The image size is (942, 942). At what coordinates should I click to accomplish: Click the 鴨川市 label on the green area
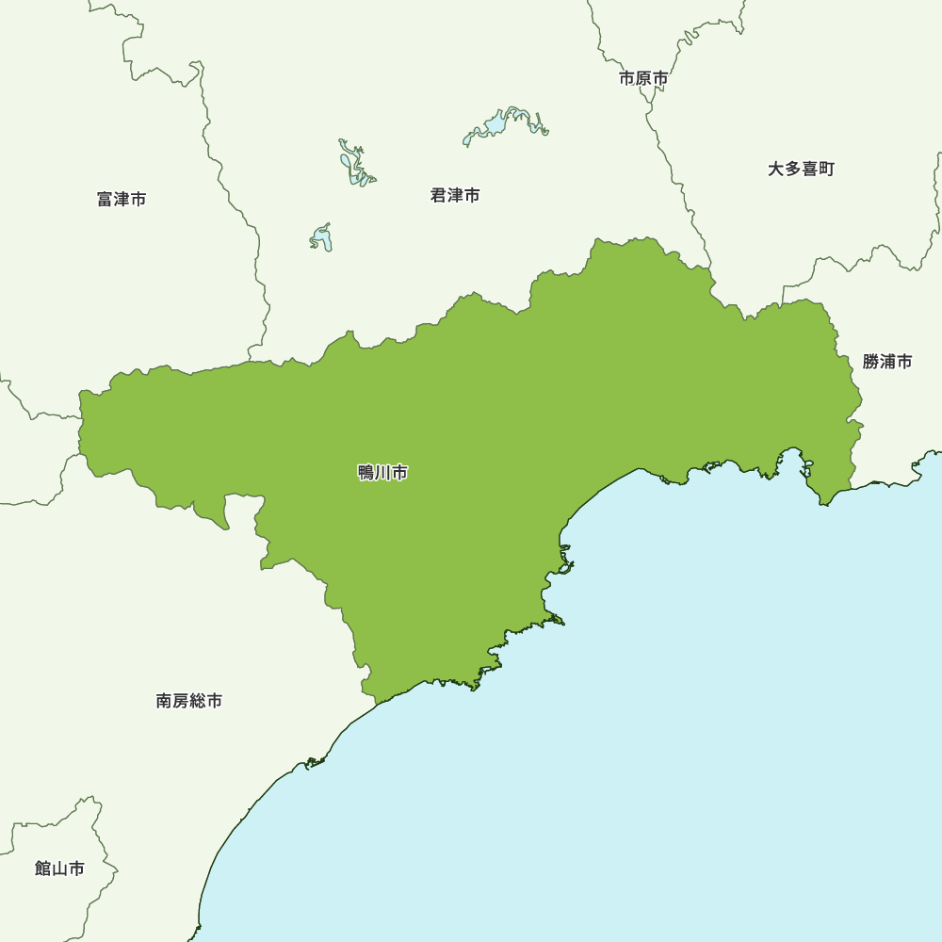382,473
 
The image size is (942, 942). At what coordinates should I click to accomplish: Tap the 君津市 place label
455,195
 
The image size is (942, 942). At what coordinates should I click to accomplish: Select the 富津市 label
122,199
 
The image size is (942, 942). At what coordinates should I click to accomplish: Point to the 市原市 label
643,78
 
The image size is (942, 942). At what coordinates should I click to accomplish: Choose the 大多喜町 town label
801,169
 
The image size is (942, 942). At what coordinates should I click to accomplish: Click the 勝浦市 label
887,361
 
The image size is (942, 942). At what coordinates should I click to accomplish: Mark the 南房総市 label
189,701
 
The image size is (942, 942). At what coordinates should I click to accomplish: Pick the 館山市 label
59,868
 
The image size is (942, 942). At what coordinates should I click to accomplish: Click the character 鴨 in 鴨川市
366,473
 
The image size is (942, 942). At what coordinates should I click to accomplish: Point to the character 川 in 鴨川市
382,473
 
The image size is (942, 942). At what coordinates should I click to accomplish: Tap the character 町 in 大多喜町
826,169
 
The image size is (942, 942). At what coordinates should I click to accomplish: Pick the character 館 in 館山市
43,868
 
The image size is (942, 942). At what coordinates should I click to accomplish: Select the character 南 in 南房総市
165,701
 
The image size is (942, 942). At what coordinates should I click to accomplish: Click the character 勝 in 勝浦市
870,361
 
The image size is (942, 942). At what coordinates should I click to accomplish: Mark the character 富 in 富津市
106,199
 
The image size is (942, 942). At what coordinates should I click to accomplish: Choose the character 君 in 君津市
439,195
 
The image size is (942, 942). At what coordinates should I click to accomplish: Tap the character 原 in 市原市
643,78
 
